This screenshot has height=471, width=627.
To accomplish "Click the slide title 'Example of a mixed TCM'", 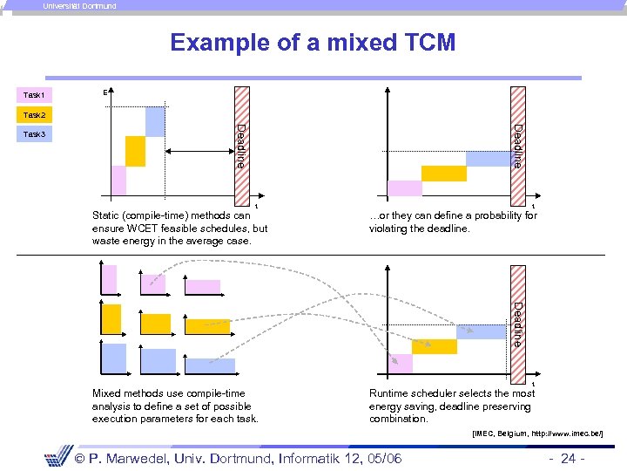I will (x=313, y=43).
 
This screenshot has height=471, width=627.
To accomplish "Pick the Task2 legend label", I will (x=35, y=115).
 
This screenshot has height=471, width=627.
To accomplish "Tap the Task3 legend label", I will (x=35, y=134).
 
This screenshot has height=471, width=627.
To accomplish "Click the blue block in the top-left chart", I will (x=155, y=121).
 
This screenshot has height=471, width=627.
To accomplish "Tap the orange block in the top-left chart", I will (x=135, y=151).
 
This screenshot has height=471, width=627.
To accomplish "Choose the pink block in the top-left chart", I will (x=118, y=180).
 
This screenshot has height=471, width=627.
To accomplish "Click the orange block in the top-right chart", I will (x=444, y=173).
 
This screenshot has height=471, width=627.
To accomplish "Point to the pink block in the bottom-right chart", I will (x=400, y=363).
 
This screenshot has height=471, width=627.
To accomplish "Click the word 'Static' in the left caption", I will (x=107, y=215).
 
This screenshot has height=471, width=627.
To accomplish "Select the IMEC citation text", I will (x=537, y=433).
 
